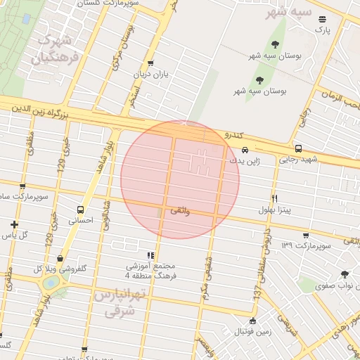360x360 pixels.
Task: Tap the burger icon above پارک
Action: coord(322,19)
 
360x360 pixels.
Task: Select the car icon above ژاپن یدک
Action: coord(245,150)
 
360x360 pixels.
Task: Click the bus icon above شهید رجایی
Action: coord(299,148)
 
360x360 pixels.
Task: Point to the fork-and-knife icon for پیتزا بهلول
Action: coord(274,198)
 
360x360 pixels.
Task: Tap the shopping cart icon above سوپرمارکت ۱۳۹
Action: coord(305,236)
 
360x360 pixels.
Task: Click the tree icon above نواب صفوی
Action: coord(345,275)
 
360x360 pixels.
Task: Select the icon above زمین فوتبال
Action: coord(253,320)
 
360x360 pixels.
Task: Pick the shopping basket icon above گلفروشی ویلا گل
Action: coord(60,259)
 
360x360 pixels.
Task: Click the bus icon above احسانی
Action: coord(80,210)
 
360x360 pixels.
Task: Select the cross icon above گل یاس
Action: coord(14,224)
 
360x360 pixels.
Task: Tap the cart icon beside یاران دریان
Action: coord(150,63)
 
